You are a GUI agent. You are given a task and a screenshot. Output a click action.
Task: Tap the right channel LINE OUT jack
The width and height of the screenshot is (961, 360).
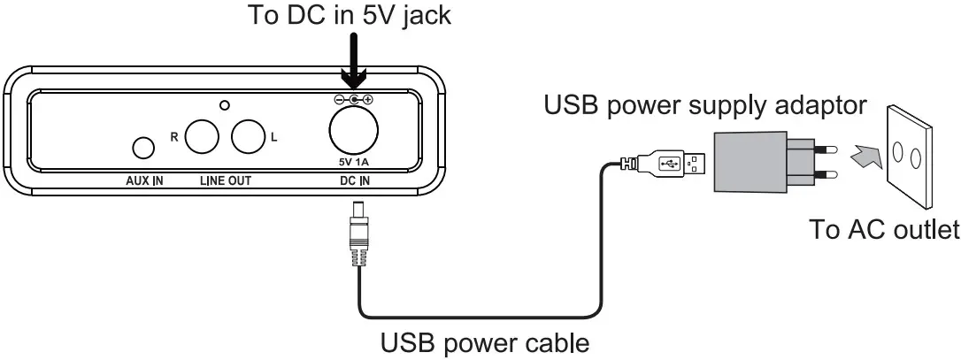202,137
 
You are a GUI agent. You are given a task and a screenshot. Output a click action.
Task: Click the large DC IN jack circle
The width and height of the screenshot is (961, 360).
353,134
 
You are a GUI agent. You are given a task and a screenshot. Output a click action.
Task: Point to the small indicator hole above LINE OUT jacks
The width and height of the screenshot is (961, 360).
225,105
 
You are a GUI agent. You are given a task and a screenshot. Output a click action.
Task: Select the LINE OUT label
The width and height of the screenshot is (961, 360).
225,181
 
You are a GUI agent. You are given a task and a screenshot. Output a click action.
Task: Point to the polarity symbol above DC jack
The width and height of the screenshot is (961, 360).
353,101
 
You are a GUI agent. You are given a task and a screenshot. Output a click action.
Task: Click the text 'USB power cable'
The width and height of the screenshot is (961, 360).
484,341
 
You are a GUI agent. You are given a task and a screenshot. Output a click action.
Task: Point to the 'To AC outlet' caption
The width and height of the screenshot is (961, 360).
884,230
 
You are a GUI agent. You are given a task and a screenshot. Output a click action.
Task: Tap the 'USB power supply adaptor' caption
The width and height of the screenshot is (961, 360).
704,106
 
